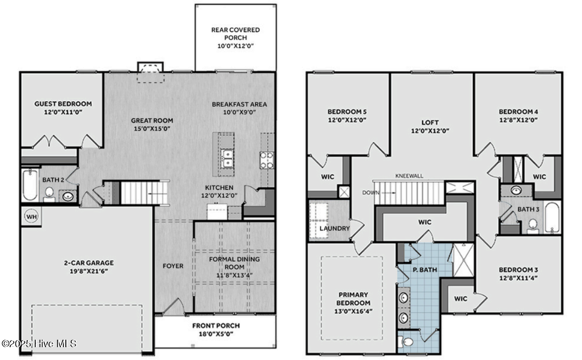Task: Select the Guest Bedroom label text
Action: [63, 104]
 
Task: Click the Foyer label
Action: [173, 266]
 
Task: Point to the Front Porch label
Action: [216, 325]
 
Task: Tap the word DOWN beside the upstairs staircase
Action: [370, 192]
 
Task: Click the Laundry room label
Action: [335, 228]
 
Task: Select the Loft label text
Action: [430, 122]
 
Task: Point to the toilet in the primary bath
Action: [405, 341]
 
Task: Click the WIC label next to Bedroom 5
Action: [328, 177]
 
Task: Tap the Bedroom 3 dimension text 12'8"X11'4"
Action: [518, 278]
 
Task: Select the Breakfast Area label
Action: [239, 104]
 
